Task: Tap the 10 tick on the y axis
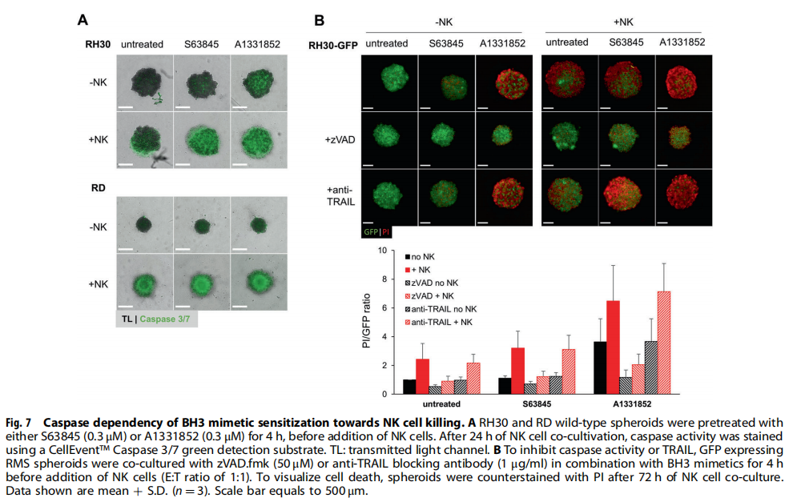click(x=382, y=251)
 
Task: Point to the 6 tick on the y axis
click(x=384, y=308)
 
